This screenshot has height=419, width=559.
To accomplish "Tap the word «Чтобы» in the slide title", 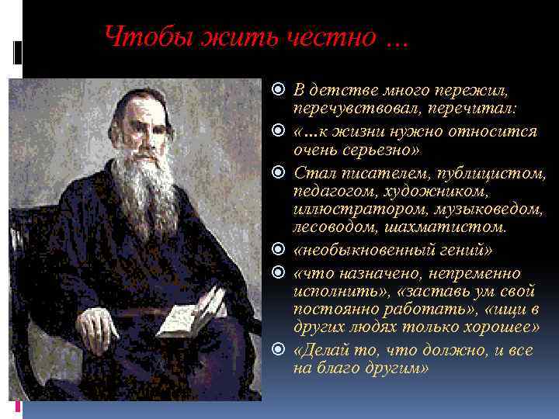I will click(134, 36).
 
